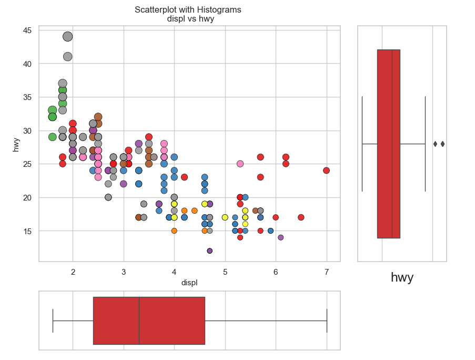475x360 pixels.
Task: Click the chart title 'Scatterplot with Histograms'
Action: click(188, 10)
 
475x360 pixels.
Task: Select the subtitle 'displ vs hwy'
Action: click(190, 19)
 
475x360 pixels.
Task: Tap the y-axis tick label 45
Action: click(27, 31)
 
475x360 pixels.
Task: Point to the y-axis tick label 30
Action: click(27, 131)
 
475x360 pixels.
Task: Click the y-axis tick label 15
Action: click(27, 231)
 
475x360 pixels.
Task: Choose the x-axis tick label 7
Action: click(327, 272)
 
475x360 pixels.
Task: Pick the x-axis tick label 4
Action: click(174, 272)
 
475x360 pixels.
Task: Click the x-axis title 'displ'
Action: click(189, 283)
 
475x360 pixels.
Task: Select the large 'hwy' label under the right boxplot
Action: click(402, 277)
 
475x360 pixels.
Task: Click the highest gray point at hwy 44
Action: click(67, 36)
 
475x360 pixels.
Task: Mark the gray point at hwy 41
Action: click(67, 56)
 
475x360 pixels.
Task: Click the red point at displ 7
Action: click(326, 171)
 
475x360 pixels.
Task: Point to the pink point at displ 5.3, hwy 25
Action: click(240, 164)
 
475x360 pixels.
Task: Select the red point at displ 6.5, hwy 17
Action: click(301, 217)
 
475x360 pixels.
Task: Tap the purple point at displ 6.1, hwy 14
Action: click(280, 237)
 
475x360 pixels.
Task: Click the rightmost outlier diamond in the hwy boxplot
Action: click(442, 144)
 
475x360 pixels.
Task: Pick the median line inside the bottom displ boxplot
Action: click(139, 321)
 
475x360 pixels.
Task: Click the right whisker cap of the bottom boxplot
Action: click(327, 321)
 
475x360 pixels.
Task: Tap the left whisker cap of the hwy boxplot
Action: click(362, 144)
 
